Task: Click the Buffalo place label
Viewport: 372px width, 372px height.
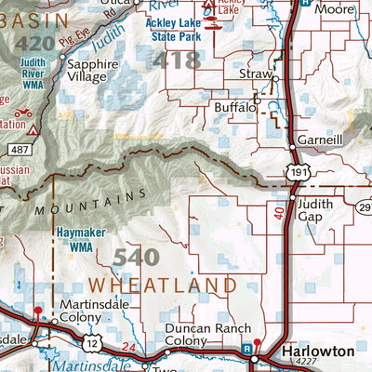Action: pos(234,108)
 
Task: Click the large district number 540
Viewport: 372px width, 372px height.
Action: pos(136,257)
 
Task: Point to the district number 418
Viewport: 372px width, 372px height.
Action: pos(177,60)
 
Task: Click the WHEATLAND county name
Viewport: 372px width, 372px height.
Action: pos(163,284)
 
